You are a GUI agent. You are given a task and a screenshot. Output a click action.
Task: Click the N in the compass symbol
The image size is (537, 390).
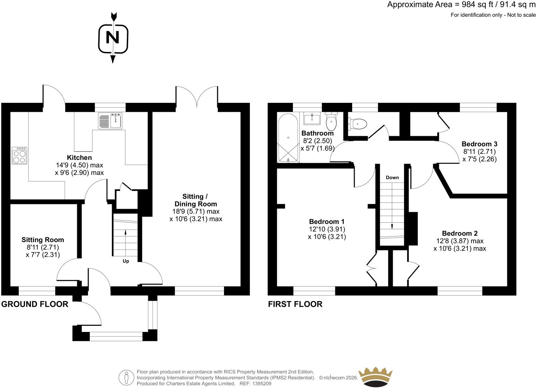tap(113, 38)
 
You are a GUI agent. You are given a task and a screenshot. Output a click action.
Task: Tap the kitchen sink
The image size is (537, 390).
tap(110, 121)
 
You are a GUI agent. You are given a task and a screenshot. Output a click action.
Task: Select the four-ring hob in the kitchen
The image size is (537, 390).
tap(19, 155)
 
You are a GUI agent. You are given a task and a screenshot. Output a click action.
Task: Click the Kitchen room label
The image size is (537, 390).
tap(79, 157)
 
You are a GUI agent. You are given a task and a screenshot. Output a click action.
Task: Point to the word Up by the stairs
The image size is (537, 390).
tap(126, 261)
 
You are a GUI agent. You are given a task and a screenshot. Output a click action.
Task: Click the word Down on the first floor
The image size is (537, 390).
tap(392, 177)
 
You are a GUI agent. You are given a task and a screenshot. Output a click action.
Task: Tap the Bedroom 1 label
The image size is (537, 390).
tap(327, 222)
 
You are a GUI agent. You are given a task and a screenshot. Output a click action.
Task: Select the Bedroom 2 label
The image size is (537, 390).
tap(460, 233)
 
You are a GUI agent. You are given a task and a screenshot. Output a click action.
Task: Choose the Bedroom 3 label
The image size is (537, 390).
tap(480, 144)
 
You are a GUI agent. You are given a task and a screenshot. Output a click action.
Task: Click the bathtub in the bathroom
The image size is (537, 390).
tap(288, 138)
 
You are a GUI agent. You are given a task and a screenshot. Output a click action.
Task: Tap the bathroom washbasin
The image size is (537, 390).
tap(312, 118)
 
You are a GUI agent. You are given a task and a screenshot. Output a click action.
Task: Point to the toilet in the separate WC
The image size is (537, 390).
tap(358, 124)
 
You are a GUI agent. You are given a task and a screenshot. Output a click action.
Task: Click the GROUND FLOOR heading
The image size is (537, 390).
tap(35, 304)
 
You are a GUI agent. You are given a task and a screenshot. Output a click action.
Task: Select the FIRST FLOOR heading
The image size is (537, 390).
tap(295, 304)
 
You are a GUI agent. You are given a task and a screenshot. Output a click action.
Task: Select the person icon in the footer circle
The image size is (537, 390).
tap(126, 377)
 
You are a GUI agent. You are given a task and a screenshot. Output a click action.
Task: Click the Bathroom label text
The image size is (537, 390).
tap(317, 133)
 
